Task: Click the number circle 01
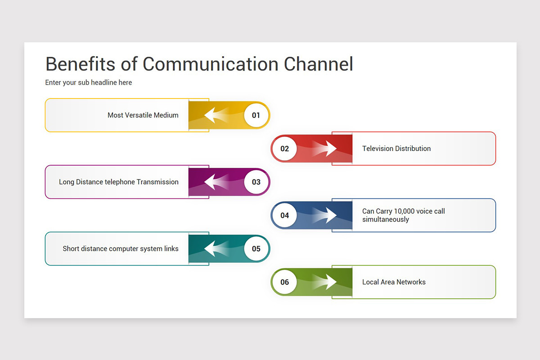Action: [x=256, y=115]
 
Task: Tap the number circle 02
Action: [x=284, y=148]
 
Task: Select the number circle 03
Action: [x=256, y=182]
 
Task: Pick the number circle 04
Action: [x=284, y=215]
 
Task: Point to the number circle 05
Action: [x=256, y=248]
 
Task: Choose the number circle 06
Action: [x=284, y=282]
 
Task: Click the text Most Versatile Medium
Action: [x=143, y=115]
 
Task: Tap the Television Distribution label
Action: [x=396, y=148]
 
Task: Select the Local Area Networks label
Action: [x=394, y=282]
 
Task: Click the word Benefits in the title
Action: [x=81, y=64]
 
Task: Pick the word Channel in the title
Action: [x=318, y=64]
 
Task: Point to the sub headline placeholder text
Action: [x=89, y=82]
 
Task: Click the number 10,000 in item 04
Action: [x=404, y=211]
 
